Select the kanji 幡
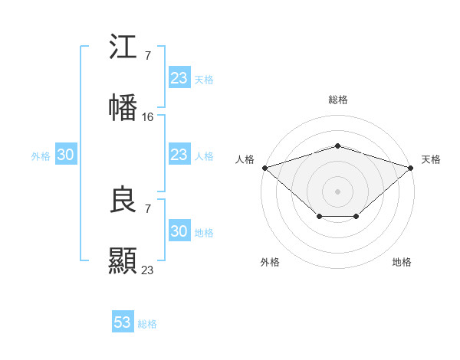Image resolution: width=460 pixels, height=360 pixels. pyautogui.click(x=123, y=107)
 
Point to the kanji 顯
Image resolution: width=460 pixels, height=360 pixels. pyautogui.click(x=123, y=260)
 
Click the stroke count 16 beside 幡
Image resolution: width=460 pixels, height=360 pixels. pyautogui.click(x=148, y=116)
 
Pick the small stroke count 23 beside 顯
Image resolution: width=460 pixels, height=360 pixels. pyautogui.click(x=148, y=270)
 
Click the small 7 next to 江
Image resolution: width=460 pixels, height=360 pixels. pyautogui.click(x=147, y=55)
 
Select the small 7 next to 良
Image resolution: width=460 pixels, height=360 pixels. pyautogui.click(x=147, y=208)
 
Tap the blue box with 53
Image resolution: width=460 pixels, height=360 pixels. pyautogui.click(x=123, y=322)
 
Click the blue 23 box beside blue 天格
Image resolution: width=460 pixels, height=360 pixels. pyautogui.click(x=179, y=78)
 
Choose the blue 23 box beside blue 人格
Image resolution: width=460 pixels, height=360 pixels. pyautogui.click(x=179, y=155)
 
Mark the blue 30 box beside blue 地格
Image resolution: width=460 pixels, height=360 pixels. pyautogui.click(x=179, y=231)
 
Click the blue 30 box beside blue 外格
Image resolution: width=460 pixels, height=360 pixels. pyautogui.click(x=66, y=155)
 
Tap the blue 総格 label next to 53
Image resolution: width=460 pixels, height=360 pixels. pyautogui.click(x=147, y=324)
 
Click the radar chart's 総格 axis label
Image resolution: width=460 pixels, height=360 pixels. pyautogui.click(x=337, y=100)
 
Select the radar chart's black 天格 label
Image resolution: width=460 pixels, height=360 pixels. pyautogui.click(x=431, y=159)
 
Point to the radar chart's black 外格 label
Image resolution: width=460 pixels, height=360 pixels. pyautogui.click(x=270, y=262)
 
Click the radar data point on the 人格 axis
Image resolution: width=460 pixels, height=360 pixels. pyautogui.click(x=264, y=167)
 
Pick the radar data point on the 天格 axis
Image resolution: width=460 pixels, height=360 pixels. pyautogui.click(x=410, y=167)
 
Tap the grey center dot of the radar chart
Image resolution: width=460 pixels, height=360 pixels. pyautogui.click(x=337, y=191)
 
